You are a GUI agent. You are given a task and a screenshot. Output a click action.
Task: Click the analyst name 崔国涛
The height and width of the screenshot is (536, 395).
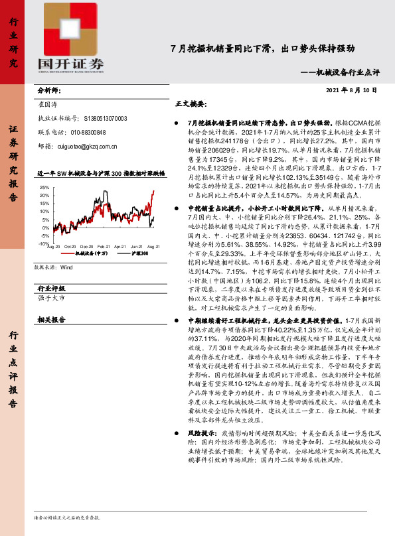(x=48, y=105)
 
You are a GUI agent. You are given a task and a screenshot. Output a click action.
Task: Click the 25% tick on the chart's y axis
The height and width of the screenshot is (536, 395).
(x=45, y=187)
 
